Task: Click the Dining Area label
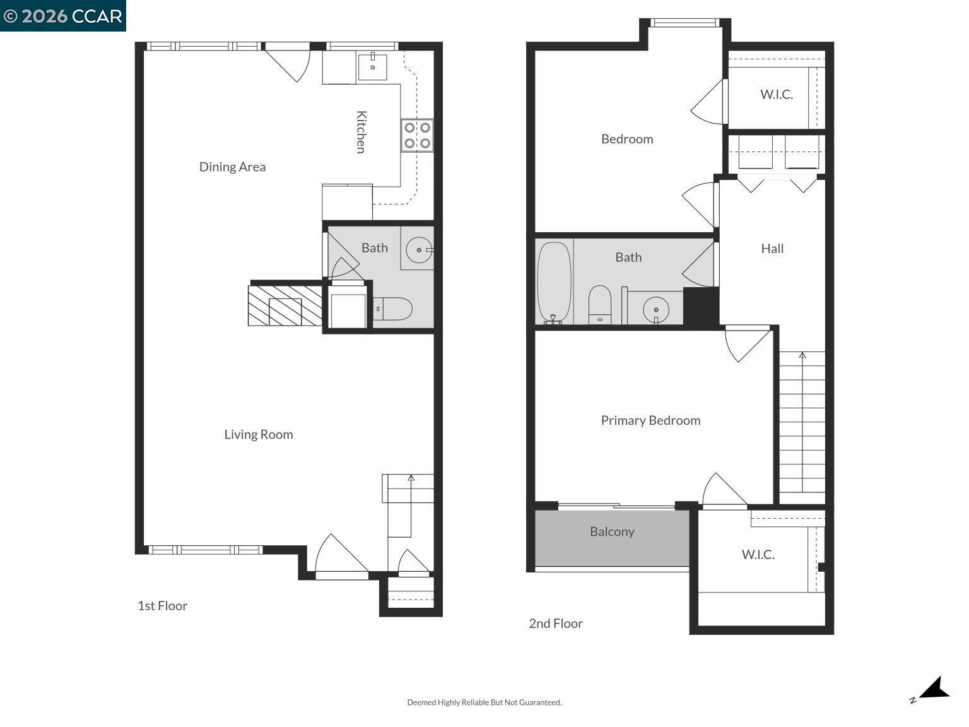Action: pos(232,167)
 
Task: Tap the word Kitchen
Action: pos(361,132)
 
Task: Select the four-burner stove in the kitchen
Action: pos(417,136)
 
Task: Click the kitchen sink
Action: pos(372,68)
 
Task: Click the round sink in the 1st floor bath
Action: pos(418,251)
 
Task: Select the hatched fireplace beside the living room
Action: pos(285,306)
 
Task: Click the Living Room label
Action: pos(259,434)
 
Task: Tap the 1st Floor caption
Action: pos(163,606)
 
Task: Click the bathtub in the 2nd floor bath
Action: pos(554,283)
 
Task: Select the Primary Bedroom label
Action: pos(650,420)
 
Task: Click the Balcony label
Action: pos(612,531)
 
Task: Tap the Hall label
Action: pos(772,249)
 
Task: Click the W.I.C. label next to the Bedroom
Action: pos(776,94)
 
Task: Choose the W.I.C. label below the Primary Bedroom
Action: pos(758,554)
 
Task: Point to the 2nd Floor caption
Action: pos(556,624)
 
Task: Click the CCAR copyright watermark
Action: pos(63,16)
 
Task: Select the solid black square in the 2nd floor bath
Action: pos(701,307)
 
